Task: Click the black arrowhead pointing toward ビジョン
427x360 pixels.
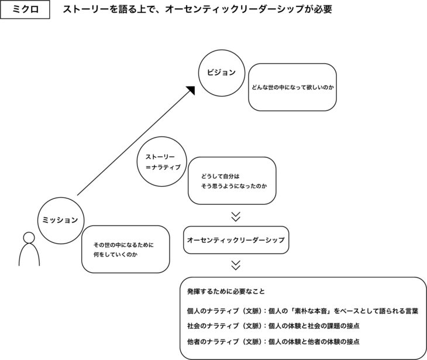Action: (191, 90)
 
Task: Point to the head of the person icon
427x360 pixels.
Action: (29, 237)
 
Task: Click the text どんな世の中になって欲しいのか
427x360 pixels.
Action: (292, 87)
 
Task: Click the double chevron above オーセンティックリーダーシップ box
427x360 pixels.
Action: (236, 217)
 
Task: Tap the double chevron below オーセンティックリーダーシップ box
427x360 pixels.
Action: (236, 265)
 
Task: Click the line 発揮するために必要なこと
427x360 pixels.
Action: (226, 292)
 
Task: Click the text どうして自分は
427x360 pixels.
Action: (221, 176)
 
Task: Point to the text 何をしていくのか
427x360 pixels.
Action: (115, 255)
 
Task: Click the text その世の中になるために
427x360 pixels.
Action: (123, 245)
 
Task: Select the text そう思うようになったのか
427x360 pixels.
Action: (234, 186)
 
